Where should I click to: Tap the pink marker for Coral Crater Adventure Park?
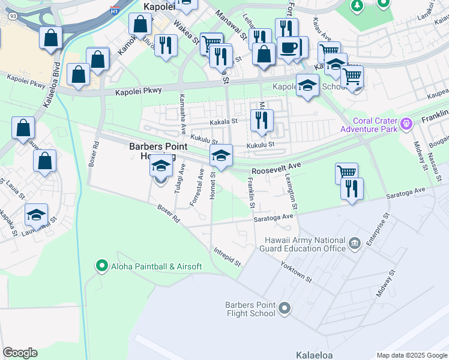pos(407,124)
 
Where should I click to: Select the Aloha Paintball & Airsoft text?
pos(155,266)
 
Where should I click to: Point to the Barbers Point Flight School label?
pos(250,309)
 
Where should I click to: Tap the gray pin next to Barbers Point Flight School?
pos(285,309)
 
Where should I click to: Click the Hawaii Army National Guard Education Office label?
pos(305,244)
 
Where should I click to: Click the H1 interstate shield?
pos(114,10)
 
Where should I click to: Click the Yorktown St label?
pos(297,272)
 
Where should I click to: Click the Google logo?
pos(20,352)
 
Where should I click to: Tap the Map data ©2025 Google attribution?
pos(411,355)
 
